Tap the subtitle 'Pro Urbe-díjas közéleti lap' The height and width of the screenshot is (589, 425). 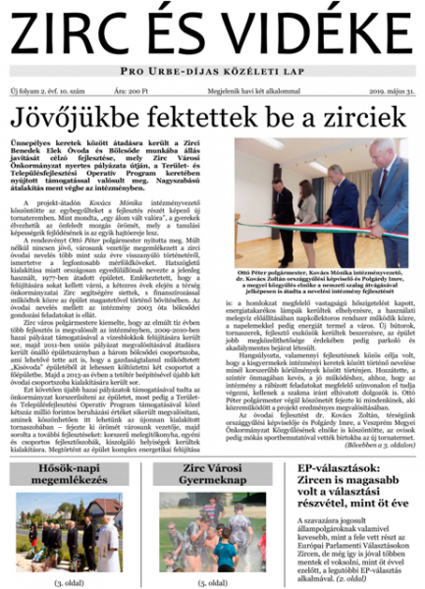[212, 72]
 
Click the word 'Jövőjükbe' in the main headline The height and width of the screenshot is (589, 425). [74, 119]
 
